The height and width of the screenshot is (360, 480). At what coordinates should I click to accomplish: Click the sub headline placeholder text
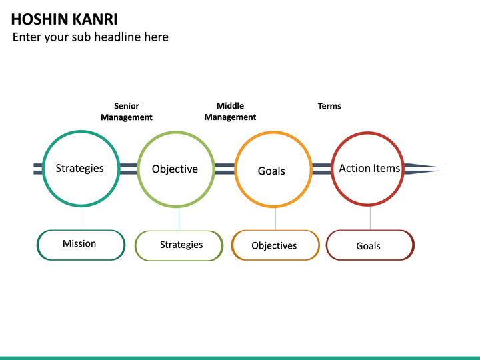coord(91,37)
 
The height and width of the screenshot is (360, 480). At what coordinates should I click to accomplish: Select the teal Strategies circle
coord(81,168)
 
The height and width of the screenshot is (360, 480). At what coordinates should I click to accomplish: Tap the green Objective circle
coord(175,169)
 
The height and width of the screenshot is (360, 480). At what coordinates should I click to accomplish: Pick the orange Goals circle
coord(272,170)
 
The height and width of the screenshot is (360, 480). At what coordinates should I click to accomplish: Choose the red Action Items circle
coord(369,168)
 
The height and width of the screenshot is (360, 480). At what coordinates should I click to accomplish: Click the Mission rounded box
coord(81,244)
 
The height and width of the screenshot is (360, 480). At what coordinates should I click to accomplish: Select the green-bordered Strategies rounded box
coord(179,245)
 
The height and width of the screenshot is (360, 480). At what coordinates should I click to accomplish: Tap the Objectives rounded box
coord(275,245)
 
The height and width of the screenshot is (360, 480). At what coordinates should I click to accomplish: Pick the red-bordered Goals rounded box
coord(370,245)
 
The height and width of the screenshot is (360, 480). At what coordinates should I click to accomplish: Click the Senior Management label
coord(127,111)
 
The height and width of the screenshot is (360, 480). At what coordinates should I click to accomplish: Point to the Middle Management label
coord(230,111)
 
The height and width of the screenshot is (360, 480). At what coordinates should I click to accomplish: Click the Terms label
coord(329,106)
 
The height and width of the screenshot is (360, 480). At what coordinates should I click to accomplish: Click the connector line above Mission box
coord(81,217)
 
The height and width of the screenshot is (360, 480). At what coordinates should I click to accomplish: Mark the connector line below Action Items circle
coord(370,217)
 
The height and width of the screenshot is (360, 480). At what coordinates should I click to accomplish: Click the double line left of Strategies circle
coord(37,169)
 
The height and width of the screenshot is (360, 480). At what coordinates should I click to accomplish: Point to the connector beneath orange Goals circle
coord(275,218)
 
